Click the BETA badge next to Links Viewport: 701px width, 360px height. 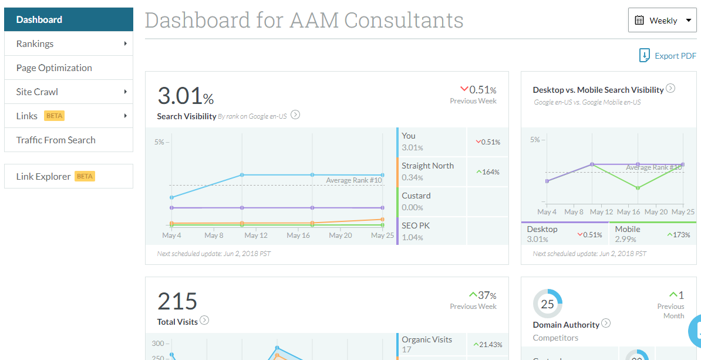pos(54,116)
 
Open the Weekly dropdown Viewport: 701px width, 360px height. pos(662,21)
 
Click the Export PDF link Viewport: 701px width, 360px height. pos(668,56)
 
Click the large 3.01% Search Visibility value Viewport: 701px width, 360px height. pos(185,95)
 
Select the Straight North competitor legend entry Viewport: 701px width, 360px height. pos(427,171)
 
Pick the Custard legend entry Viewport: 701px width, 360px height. pos(416,201)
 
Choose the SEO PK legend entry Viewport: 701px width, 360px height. pos(416,231)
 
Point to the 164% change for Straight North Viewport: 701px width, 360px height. pos(488,172)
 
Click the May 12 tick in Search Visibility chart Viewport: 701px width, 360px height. pos(256,235)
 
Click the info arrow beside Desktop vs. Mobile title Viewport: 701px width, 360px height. pos(670,89)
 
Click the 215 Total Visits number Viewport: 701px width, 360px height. pos(177,301)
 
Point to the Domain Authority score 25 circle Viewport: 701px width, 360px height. pos(547,304)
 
